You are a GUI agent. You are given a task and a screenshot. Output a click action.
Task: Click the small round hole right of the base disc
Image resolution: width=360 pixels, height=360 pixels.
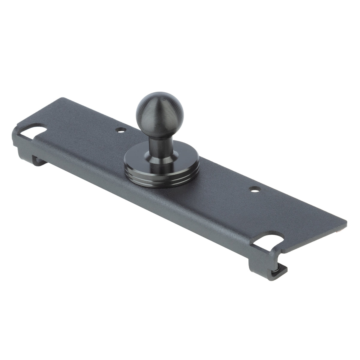point(254,190)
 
